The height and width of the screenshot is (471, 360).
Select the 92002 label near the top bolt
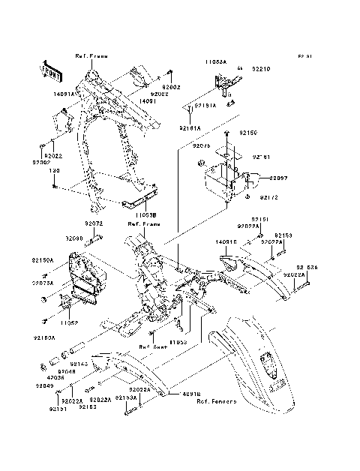click(172, 88)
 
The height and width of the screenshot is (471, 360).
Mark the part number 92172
click(270, 197)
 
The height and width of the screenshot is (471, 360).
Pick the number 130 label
click(54, 171)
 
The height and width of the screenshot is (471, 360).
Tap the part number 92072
click(93, 223)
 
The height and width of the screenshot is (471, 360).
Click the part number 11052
click(70, 323)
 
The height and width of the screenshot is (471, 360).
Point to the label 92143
click(79, 364)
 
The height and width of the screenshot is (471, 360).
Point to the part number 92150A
click(43, 259)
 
